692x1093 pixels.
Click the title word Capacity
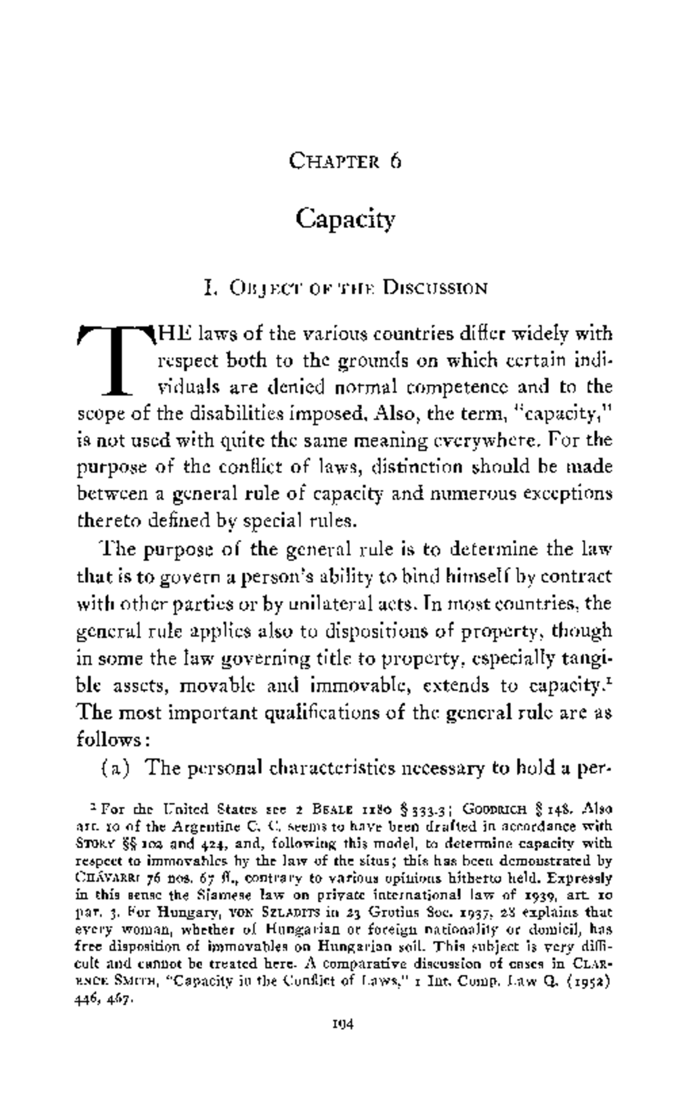coord(346,219)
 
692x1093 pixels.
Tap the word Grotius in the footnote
coord(393,912)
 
